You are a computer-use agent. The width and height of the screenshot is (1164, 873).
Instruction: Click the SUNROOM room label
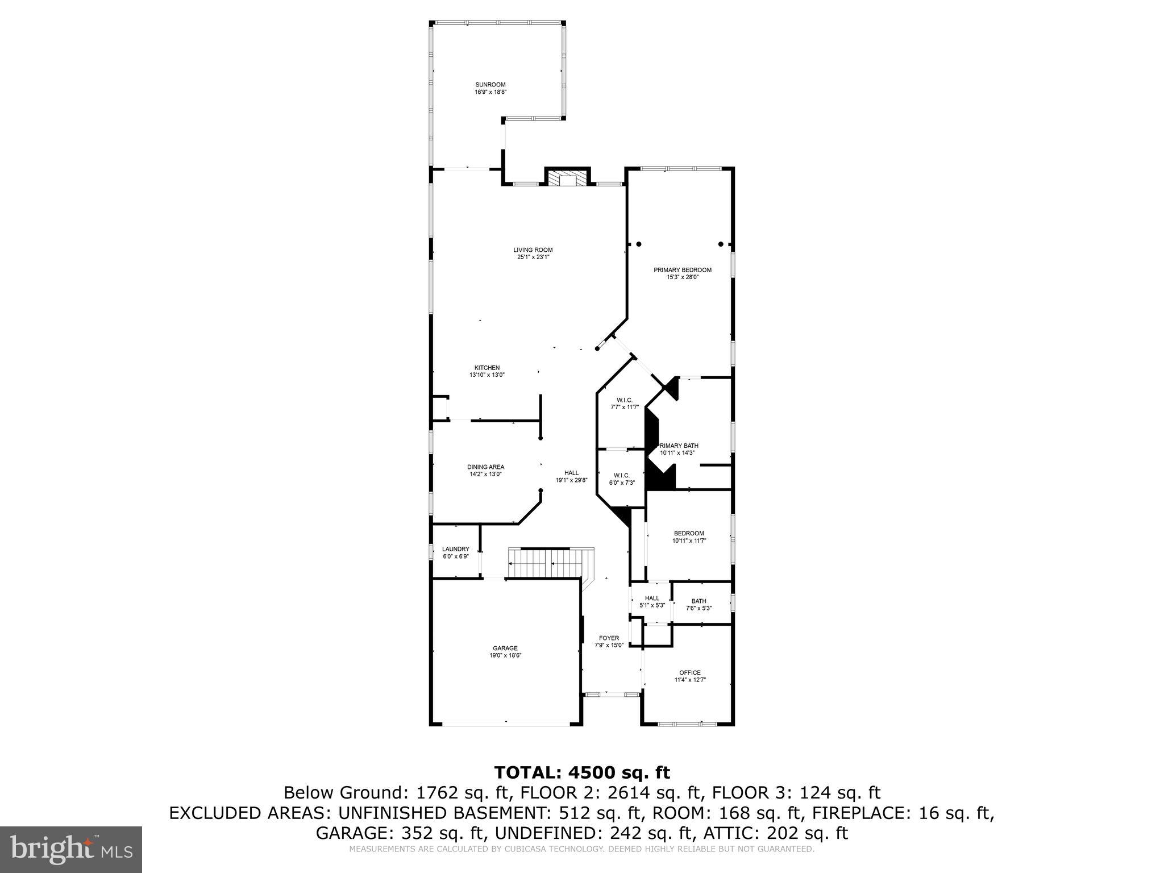(x=490, y=85)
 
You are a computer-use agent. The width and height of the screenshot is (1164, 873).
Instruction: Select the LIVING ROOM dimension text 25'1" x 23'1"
(x=533, y=257)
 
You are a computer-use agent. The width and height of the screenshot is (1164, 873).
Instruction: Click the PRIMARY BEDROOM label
(x=682, y=270)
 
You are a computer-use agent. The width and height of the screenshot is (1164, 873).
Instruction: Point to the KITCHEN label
(x=487, y=368)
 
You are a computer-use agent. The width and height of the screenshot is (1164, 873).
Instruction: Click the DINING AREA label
(x=485, y=467)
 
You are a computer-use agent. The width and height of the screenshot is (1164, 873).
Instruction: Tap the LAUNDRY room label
(x=455, y=549)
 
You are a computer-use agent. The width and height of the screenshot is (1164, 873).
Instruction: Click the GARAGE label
(x=505, y=648)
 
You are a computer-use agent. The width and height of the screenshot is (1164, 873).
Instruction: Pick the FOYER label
(x=609, y=638)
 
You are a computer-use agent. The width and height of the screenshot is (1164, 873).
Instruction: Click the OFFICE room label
(x=690, y=672)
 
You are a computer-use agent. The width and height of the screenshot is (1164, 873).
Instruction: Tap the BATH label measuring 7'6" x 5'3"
(x=699, y=601)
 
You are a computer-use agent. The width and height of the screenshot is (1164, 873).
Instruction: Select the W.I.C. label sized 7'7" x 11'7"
(x=624, y=400)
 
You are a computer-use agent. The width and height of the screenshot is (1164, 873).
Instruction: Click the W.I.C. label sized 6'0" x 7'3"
(x=621, y=475)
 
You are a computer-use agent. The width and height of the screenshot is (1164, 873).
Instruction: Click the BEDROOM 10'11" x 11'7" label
(x=688, y=533)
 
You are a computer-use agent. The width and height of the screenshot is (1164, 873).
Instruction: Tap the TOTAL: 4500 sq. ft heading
(x=581, y=772)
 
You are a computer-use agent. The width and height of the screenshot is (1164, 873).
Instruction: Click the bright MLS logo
(x=71, y=850)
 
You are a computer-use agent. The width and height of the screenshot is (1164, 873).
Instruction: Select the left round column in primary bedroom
(x=638, y=244)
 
